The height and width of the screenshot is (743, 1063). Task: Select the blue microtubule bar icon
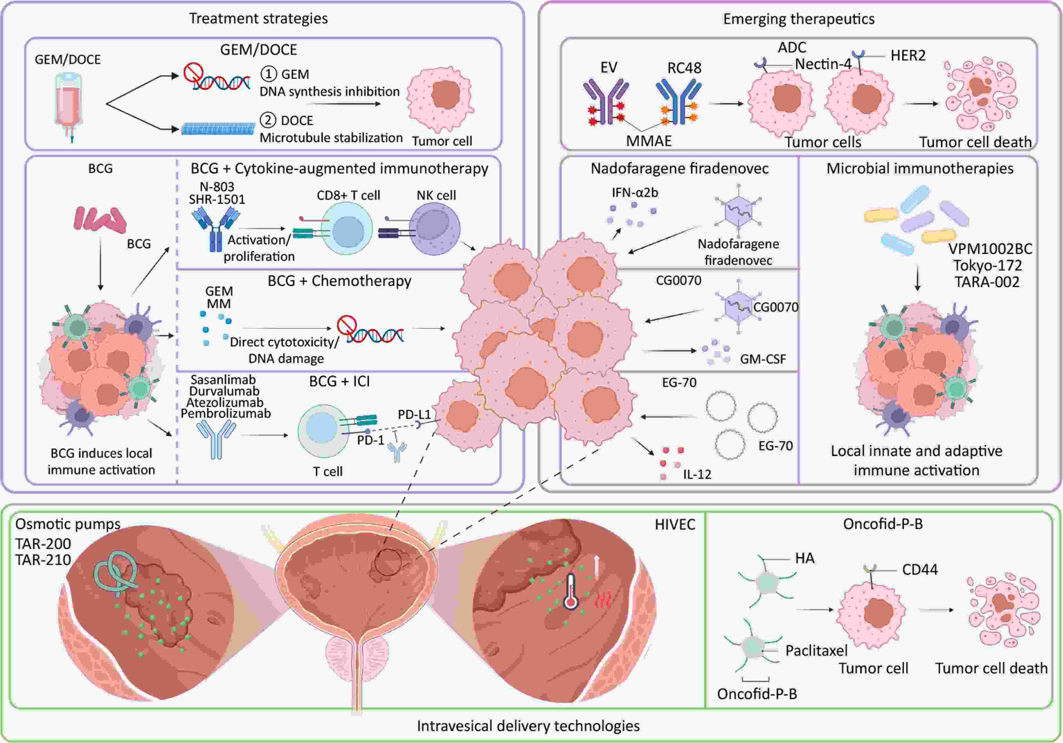point(218,129)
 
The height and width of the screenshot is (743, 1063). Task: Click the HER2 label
point(908,56)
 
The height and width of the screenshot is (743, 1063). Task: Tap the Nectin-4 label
point(823,64)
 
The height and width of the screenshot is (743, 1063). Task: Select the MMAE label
point(649,141)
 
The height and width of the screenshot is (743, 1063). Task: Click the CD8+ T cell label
point(348,195)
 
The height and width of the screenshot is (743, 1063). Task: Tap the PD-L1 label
point(414,414)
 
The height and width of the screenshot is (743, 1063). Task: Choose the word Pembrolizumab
point(226,413)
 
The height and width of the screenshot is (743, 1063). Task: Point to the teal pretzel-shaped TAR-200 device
point(116,574)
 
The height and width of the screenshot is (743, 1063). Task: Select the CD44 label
point(920,569)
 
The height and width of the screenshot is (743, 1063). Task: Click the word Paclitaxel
point(816,650)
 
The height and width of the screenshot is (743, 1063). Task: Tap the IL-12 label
point(697,474)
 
